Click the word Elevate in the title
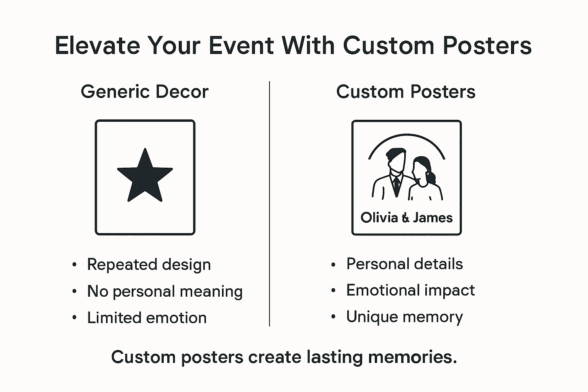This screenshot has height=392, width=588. pos(98,46)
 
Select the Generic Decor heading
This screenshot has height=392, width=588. pos(145,92)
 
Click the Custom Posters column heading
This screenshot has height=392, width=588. pos(406,92)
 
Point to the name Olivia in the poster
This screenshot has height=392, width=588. pos(379,217)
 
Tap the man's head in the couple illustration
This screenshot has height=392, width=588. pos(396,160)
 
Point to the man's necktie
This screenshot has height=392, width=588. pos(397,185)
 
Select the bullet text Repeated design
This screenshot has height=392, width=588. pos(149,265)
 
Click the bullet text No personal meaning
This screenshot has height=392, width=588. pos(165,291)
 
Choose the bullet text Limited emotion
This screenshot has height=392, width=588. pos(147,318)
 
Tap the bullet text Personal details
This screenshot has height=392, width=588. pos(405,264)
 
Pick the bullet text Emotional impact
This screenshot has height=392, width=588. pos(410,290)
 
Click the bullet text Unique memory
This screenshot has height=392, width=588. pos(405,317)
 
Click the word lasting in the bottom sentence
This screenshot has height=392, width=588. pos(334,357)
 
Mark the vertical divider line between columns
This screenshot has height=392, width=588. pos(269,203)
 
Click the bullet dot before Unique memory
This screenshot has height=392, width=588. pos(333,317)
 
